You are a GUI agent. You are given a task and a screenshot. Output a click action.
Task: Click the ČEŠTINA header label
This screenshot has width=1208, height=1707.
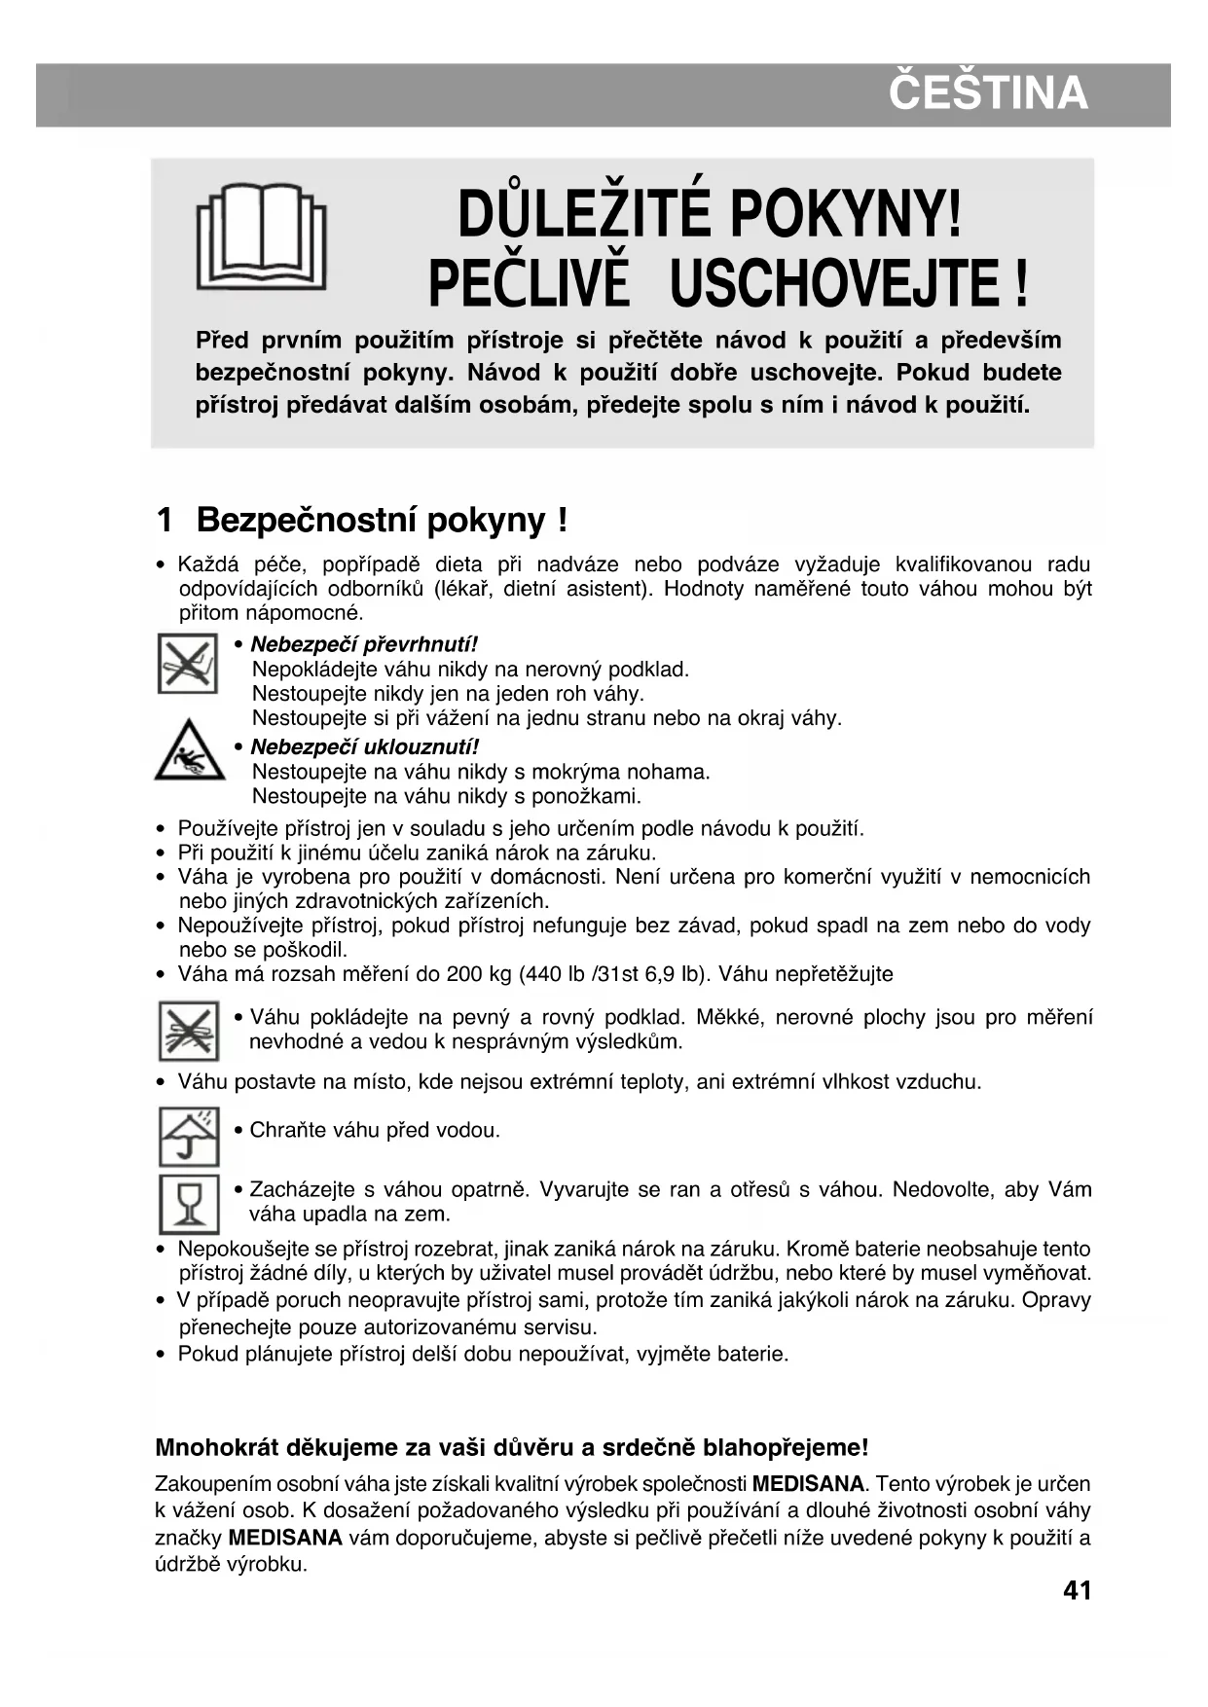987,93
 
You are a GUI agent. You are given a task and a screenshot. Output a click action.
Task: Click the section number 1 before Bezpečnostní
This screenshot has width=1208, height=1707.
165,521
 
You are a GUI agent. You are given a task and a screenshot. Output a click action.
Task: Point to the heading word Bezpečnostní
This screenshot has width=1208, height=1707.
307,521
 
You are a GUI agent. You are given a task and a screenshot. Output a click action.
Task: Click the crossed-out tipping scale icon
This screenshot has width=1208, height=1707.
187,663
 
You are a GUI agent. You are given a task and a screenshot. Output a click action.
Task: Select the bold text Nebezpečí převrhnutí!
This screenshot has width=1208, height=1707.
364,644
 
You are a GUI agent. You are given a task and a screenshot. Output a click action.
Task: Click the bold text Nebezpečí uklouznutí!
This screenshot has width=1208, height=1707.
364,746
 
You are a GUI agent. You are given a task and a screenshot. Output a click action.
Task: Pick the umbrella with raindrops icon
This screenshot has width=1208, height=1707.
189,1136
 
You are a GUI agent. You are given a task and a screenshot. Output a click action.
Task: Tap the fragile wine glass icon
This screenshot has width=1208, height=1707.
189,1204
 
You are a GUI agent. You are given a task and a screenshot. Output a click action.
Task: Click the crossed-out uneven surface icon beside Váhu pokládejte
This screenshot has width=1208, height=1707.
188,1031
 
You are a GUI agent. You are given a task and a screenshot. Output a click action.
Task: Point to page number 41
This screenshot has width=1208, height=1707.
1077,1591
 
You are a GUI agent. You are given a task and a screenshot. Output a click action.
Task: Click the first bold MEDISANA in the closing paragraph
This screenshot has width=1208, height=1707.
808,1484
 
